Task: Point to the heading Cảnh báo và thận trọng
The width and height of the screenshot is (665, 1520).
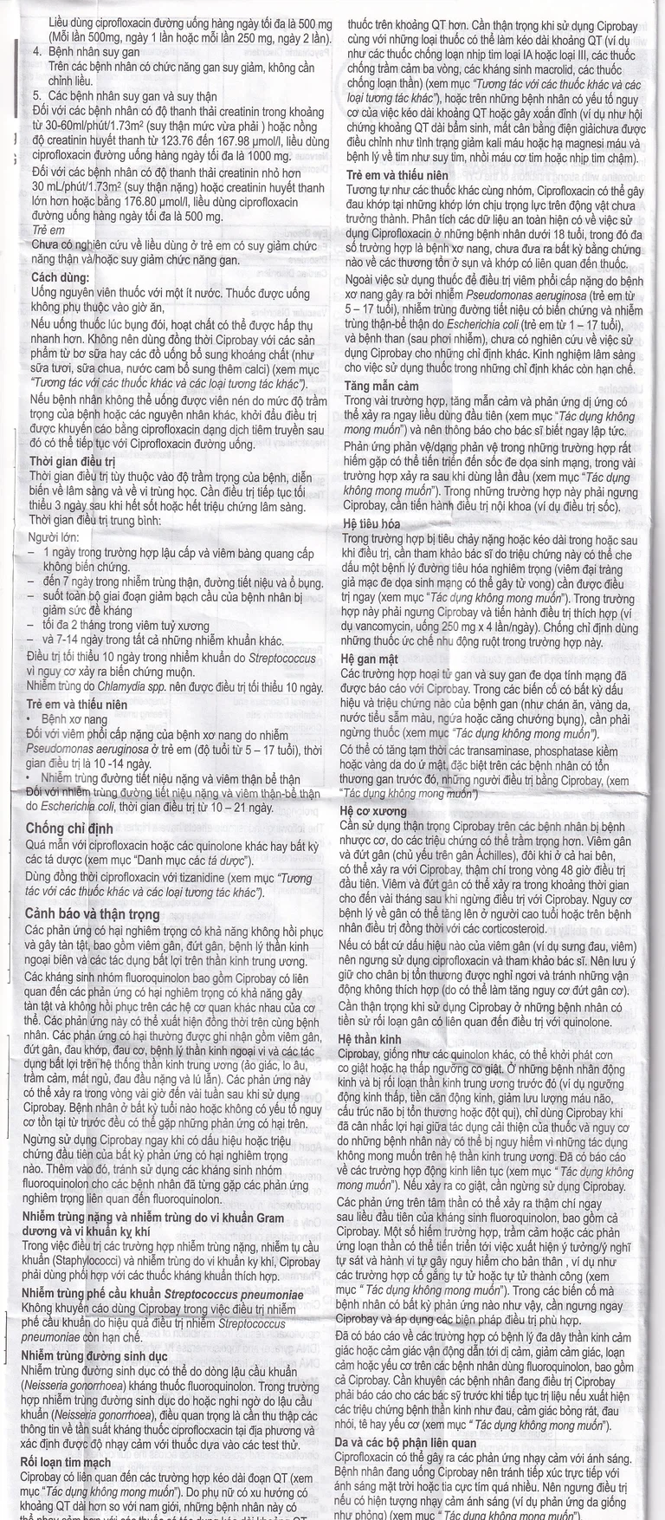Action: [93, 913]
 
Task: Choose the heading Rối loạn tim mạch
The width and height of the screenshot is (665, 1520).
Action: [67, 1463]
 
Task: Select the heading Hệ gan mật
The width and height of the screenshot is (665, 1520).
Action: [370, 659]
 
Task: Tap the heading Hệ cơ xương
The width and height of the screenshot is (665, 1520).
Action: [373, 811]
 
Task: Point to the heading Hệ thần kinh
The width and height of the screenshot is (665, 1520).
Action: [370, 1038]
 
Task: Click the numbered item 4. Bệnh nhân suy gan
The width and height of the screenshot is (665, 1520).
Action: [86, 53]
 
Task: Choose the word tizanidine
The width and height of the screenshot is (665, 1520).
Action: [208, 877]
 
